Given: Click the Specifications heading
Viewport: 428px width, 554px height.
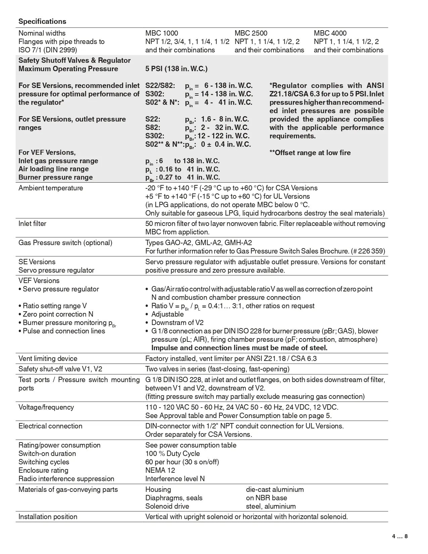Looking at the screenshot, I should [x=42, y=21].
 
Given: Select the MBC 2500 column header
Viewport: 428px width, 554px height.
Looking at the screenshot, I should [x=251, y=33].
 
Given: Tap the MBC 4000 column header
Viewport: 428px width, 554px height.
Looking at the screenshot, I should [x=330, y=33].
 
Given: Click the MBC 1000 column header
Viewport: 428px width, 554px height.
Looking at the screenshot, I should [x=161, y=33].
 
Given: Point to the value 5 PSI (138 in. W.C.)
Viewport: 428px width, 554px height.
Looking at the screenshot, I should [x=176, y=69].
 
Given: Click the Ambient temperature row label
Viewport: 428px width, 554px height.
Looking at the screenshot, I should [x=51, y=188].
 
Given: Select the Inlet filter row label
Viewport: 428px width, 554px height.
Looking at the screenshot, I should [x=32, y=224].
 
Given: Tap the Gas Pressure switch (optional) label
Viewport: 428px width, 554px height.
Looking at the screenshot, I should [x=65, y=243].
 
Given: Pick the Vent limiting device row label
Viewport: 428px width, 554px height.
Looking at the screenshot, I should [x=48, y=359].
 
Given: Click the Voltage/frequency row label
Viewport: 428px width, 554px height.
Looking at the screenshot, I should [x=46, y=407].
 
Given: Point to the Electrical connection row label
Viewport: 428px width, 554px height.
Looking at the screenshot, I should [x=50, y=426].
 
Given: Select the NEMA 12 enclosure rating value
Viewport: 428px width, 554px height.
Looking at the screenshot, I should [x=160, y=470].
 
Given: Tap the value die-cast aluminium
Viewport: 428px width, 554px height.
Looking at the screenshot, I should [x=275, y=490].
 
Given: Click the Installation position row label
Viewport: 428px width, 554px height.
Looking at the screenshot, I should [x=48, y=517].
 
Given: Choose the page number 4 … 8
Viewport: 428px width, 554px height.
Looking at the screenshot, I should [x=400, y=537].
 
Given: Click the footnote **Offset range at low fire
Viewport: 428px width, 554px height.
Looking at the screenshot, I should [x=310, y=153].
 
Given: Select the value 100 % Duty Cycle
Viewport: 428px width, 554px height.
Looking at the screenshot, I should [x=173, y=454].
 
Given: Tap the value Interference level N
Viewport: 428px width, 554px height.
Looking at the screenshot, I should [x=175, y=479].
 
